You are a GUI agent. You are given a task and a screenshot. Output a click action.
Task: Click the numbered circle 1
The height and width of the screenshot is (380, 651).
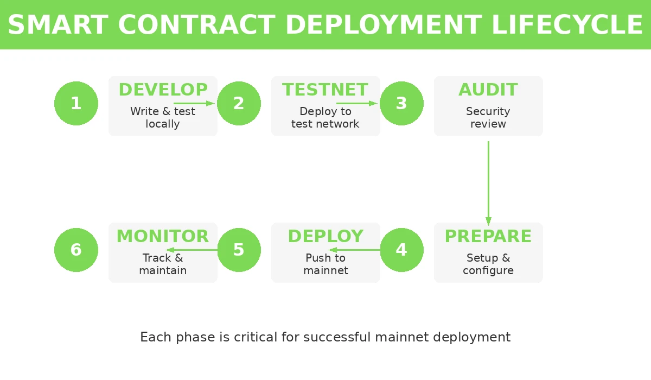[x=76, y=103]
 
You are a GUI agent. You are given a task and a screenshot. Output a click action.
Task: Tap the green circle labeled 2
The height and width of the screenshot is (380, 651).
[x=239, y=103]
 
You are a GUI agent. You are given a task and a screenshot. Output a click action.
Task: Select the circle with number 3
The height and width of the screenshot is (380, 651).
[x=401, y=103]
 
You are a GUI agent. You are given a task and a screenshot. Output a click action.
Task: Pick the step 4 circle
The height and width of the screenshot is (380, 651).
[x=401, y=250]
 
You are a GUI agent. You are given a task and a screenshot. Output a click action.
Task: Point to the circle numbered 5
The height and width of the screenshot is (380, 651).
[x=239, y=250]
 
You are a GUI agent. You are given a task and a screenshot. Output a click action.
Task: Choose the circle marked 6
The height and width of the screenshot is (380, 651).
[x=76, y=250]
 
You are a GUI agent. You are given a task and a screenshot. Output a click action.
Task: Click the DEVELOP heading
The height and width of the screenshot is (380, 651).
[x=163, y=90]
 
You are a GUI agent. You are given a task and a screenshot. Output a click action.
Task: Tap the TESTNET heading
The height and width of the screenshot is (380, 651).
[x=325, y=90]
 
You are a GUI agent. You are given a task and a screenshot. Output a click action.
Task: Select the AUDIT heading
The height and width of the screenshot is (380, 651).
[x=488, y=90]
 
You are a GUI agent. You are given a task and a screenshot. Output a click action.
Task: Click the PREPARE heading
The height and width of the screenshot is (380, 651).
[x=488, y=236]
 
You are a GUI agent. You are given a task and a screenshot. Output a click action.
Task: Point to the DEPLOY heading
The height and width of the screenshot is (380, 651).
[x=325, y=236]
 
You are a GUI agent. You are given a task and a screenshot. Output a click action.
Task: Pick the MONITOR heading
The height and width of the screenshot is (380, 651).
[x=163, y=236]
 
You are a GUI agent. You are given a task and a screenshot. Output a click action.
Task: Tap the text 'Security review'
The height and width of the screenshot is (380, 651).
[x=488, y=118]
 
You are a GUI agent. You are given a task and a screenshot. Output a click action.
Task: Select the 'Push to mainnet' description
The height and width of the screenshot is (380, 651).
[x=325, y=264]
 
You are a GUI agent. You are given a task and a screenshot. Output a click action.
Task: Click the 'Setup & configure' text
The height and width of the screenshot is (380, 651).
[x=488, y=264]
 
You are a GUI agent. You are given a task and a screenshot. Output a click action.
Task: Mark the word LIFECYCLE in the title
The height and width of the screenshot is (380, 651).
[x=567, y=25]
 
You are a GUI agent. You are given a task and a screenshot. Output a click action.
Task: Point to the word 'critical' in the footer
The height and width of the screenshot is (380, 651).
[x=256, y=337]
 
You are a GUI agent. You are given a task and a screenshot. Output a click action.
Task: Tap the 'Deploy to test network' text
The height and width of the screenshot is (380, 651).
[x=325, y=118]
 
